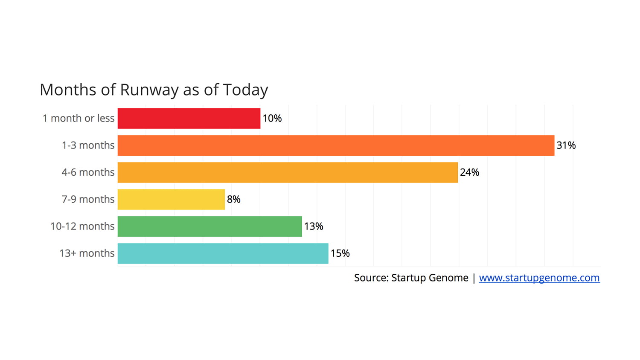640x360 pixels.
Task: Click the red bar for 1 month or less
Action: [189, 119]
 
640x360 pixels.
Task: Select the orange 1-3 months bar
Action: [336, 145]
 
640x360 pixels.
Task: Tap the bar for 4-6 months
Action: [288, 172]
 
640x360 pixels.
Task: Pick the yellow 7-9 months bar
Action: [171, 199]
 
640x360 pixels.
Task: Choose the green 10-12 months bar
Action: [209, 226]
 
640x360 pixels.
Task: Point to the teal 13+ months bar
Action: [223, 253]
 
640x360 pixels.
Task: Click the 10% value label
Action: [272, 119]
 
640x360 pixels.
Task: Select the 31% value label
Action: [566, 145]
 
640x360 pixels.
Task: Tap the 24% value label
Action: [469, 172]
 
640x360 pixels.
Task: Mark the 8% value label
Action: [234, 199]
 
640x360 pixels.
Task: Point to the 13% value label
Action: [314, 226]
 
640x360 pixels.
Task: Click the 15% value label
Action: [340, 253]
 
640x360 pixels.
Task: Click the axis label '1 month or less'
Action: [79, 119]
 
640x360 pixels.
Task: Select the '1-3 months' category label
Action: [88, 145]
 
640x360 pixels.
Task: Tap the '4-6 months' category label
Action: [88, 172]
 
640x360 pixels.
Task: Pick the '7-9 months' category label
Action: [88, 199]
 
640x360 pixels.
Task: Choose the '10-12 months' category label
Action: [82, 226]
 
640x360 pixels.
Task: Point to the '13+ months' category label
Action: [87, 253]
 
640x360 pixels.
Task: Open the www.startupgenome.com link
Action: [539, 278]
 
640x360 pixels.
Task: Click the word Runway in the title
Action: [149, 90]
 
